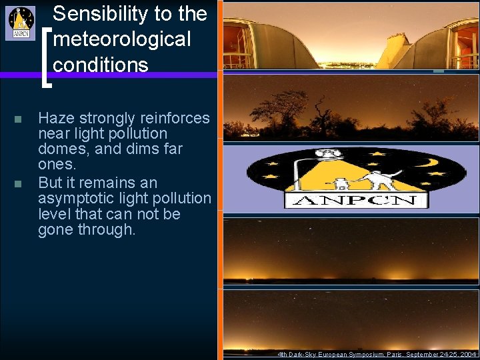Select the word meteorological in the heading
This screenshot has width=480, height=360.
(x=121, y=39)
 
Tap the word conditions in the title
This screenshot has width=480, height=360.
(x=100, y=65)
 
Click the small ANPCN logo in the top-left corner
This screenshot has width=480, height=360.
(x=21, y=23)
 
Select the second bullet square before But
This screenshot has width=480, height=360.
(x=18, y=183)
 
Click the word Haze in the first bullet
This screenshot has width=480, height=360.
(x=56, y=119)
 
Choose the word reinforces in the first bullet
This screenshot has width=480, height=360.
(x=175, y=119)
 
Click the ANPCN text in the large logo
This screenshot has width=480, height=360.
(x=355, y=200)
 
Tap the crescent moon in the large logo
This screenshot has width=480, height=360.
(x=427, y=162)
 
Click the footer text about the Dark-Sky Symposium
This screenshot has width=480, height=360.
(x=377, y=354)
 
